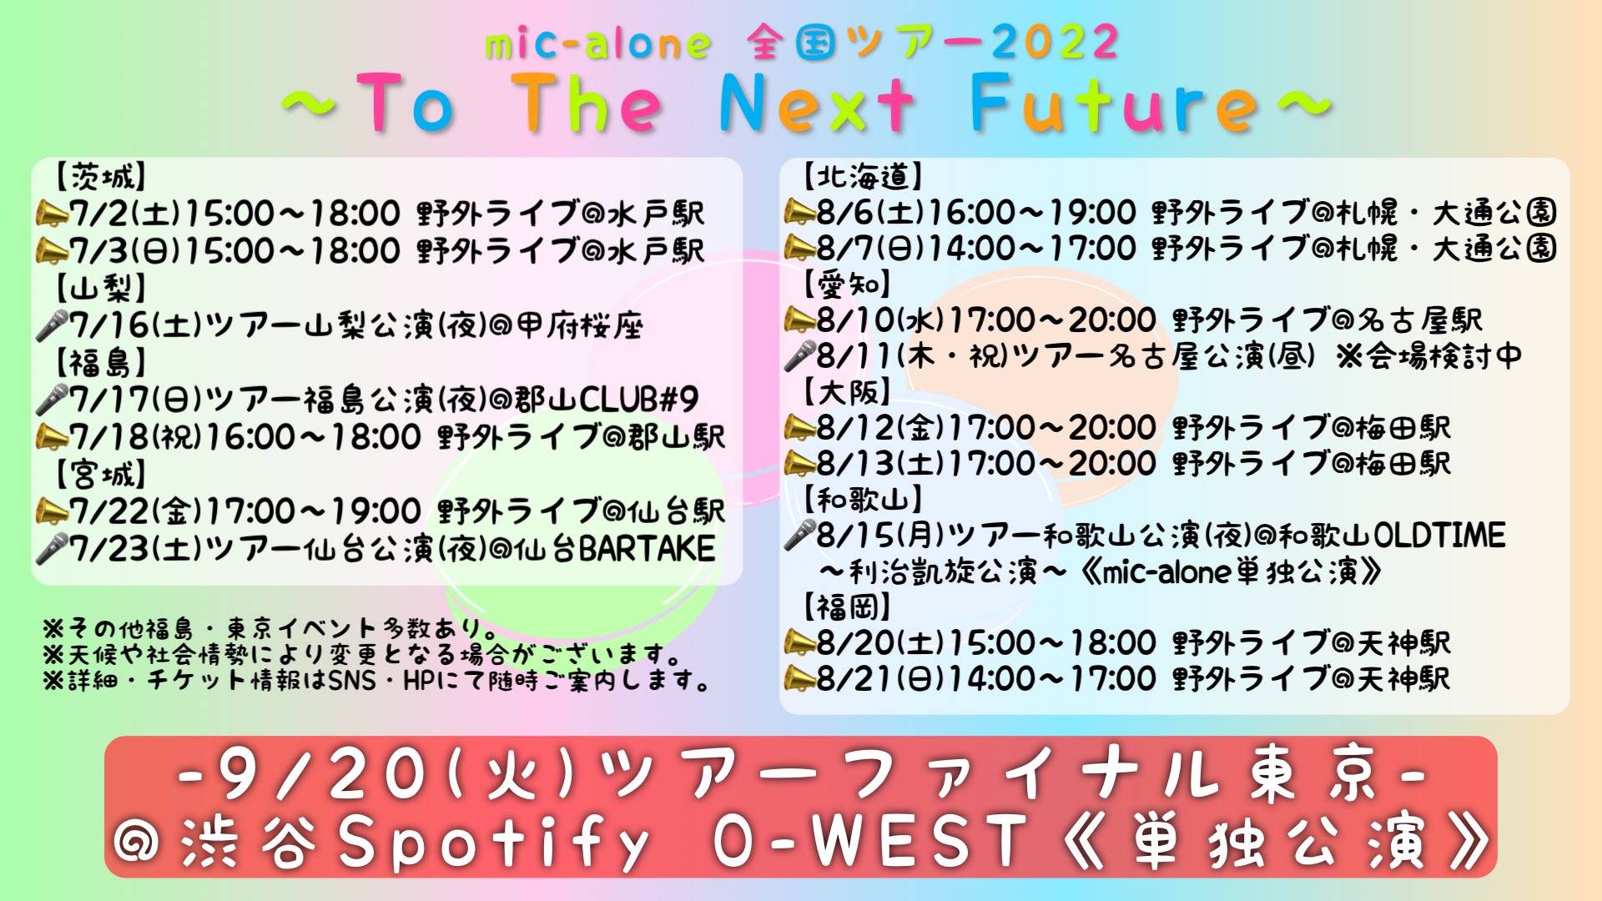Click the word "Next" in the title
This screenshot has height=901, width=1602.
[817, 103]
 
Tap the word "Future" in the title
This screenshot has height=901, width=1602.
[1115, 103]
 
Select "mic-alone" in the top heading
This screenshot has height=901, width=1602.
[597, 43]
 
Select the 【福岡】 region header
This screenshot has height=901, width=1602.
[848, 607]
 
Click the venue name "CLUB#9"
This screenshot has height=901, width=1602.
[638, 400]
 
